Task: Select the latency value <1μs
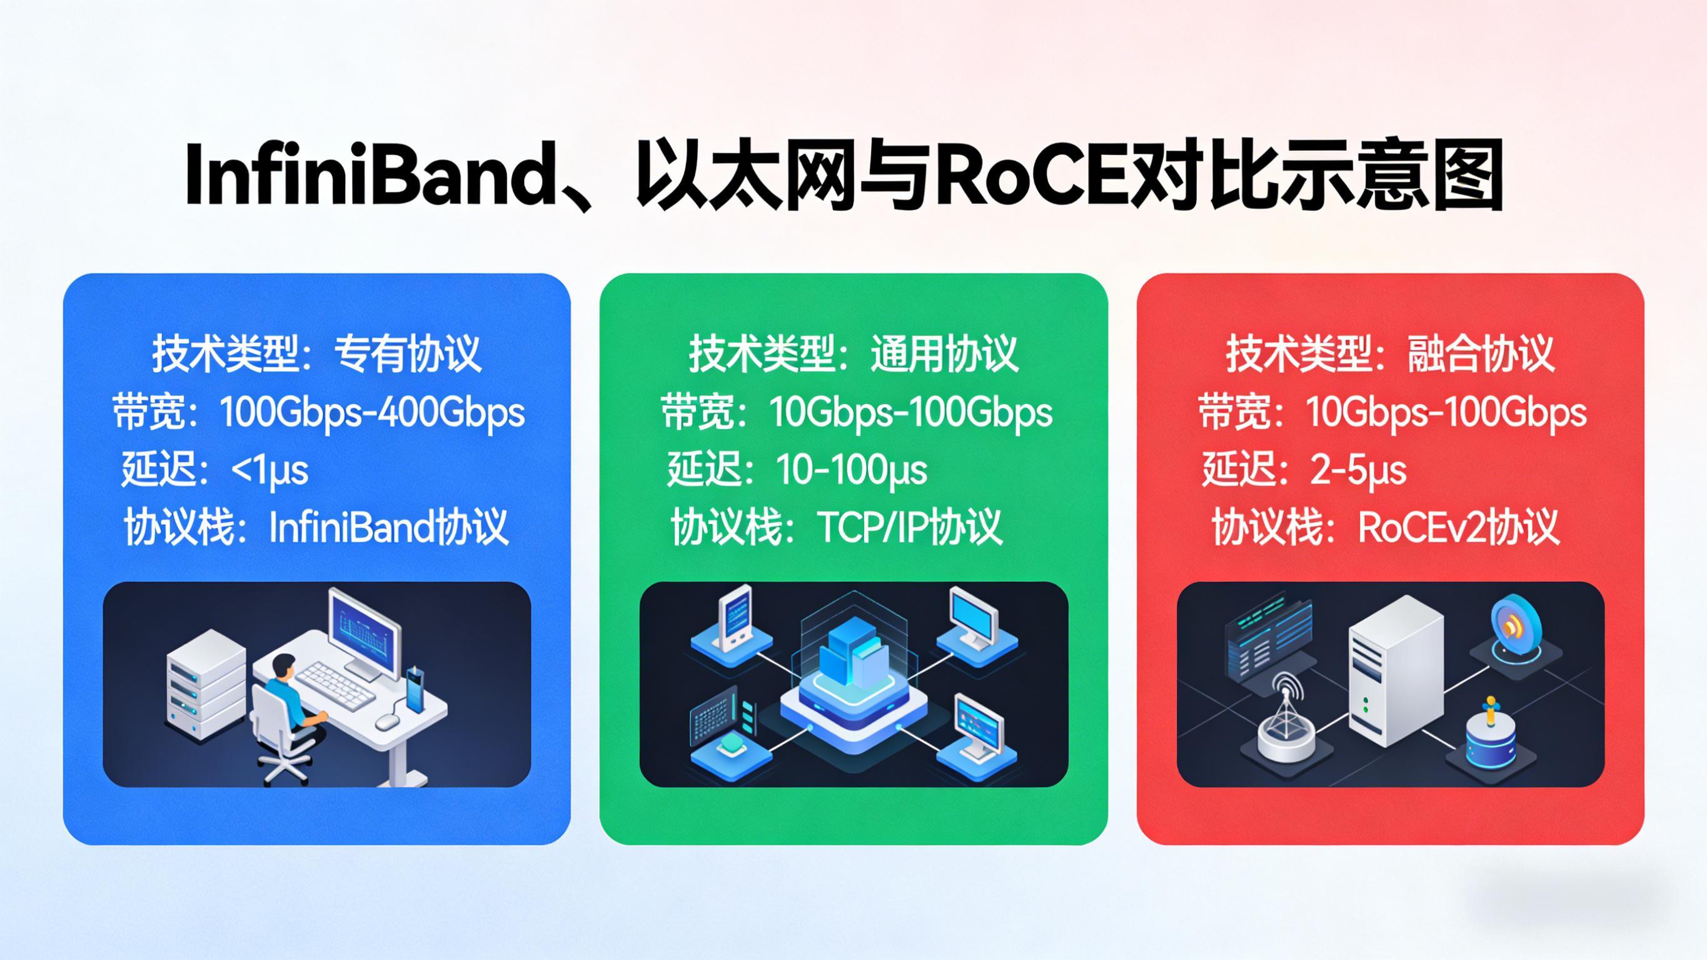point(269,471)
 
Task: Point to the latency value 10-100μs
point(851,471)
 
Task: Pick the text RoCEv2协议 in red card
point(1458,528)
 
